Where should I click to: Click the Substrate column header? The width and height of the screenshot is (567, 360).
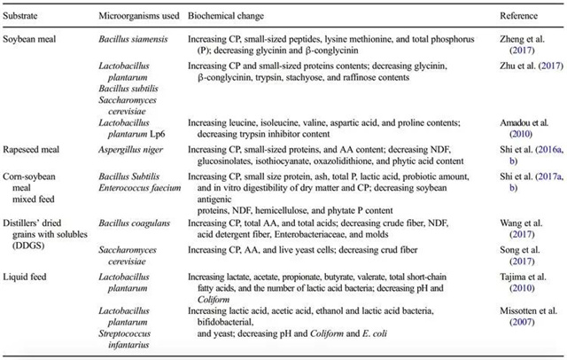coord(24,17)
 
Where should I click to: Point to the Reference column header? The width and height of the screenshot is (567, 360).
coord(518,17)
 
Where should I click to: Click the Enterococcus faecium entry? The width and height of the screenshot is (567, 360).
coord(140,190)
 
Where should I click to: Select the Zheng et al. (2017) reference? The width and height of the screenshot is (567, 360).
coord(522,46)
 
